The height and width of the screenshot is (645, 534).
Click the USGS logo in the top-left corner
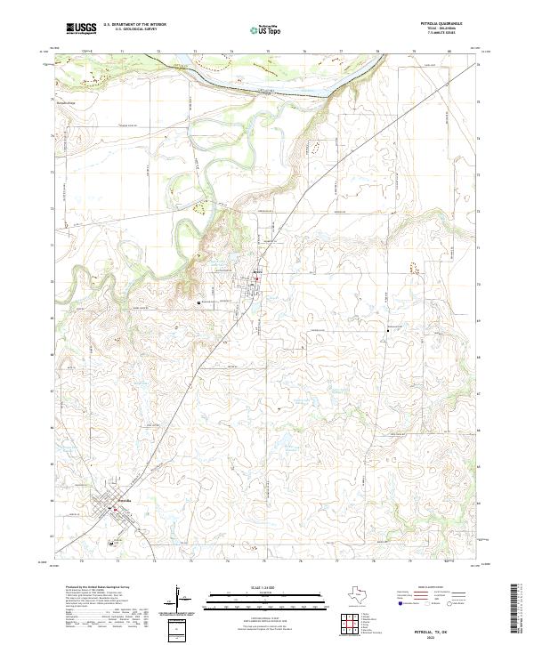(x=81, y=29)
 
